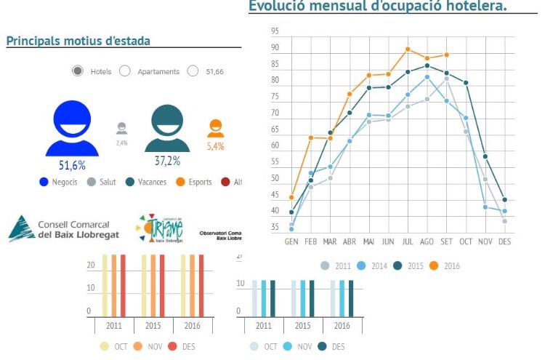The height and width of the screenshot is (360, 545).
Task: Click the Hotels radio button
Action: [78, 71]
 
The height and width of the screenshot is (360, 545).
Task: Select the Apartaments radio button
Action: [124, 71]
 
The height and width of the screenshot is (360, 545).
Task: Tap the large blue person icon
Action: [72, 129]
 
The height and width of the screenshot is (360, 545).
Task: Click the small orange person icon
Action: [215, 129]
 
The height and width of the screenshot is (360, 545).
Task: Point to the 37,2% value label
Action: [167, 161]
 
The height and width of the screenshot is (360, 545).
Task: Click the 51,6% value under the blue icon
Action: [72, 165]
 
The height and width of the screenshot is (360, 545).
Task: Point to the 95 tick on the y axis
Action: [275, 31]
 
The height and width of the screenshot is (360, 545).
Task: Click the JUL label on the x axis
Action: [408, 241]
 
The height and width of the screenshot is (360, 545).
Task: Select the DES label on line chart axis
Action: [504, 241]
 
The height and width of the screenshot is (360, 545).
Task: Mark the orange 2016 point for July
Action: [408, 49]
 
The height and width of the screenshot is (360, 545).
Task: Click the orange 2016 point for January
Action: [291, 197]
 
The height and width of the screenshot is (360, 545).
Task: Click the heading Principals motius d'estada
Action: [78, 41]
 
